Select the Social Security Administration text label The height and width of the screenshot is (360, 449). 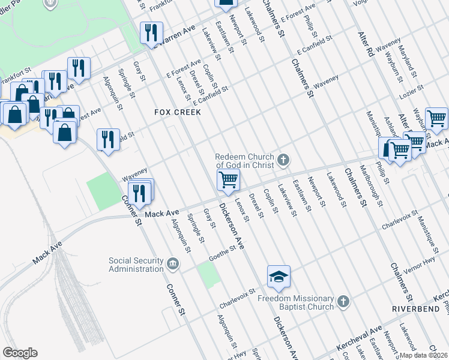136,265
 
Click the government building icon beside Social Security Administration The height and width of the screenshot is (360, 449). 173,264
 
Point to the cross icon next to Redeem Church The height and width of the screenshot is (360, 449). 283,160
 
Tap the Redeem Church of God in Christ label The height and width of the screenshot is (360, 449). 245,161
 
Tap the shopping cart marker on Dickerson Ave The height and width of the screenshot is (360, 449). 228,179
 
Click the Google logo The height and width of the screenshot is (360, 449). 20,353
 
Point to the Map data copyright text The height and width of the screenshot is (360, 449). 424,355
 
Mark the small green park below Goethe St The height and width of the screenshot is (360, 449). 208,274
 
